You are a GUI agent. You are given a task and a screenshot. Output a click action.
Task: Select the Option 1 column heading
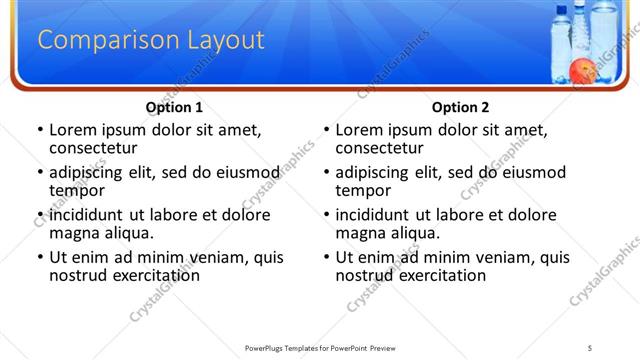(x=174, y=107)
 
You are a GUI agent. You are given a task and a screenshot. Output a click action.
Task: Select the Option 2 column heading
(x=460, y=107)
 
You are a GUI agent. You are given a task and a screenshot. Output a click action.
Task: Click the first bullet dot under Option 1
(x=39, y=130)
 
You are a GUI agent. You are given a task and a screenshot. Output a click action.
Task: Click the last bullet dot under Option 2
(x=326, y=257)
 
